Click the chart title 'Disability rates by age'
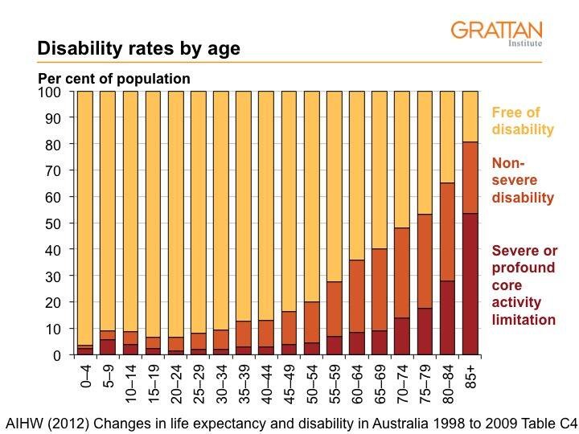(x=138, y=49)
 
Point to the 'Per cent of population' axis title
(x=114, y=79)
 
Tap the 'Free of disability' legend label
(x=523, y=121)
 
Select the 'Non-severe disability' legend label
(x=523, y=179)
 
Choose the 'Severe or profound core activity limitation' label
(x=524, y=285)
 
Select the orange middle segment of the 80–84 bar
(x=447, y=232)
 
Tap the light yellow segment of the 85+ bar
(x=470, y=117)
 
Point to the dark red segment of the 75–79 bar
(x=425, y=331)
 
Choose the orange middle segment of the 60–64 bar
(x=357, y=297)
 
